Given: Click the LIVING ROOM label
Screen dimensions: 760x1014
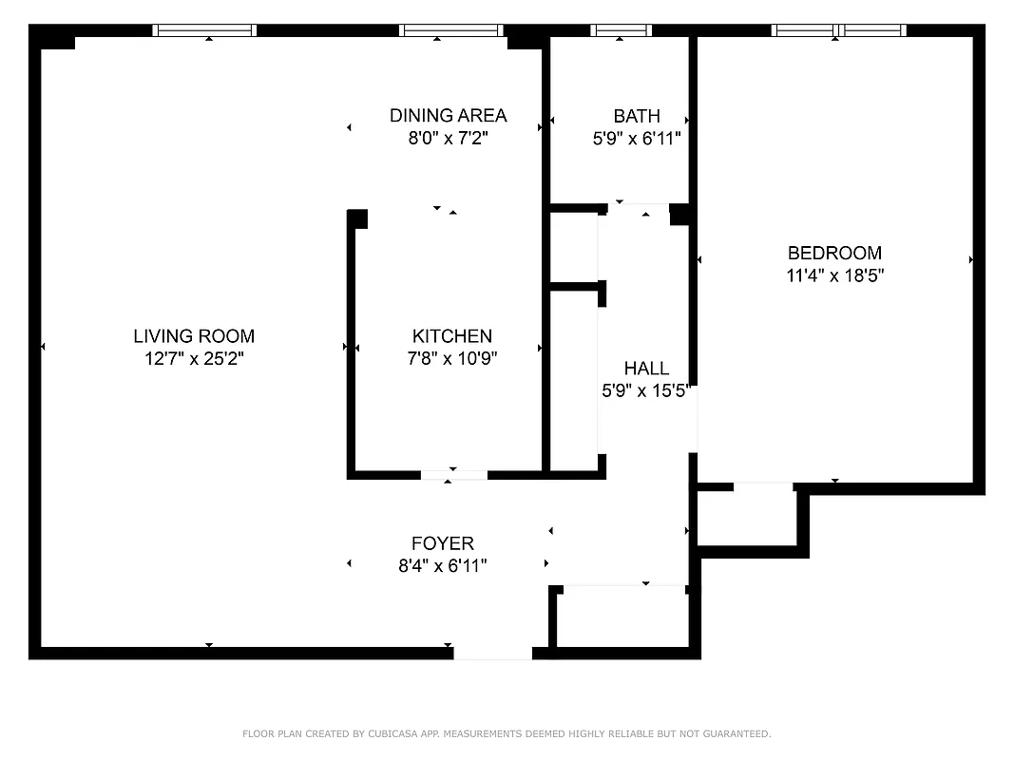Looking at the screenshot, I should pyautogui.click(x=194, y=335).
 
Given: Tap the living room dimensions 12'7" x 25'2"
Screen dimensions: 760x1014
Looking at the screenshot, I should pyautogui.click(x=194, y=359).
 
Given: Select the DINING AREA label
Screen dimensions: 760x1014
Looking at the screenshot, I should pyautogui.click(x=449, y=115).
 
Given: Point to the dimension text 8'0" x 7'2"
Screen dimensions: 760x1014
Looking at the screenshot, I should pyautogui.click(x=449, y=139).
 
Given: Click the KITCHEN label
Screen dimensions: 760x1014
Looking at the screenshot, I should pyautogui.click(x=452, y=335).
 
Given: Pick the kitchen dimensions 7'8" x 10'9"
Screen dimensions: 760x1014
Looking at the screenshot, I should pyautogui.click(x=452, y=359).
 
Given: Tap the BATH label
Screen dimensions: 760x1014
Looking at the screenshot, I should pyautogui.click(x=637, y=116).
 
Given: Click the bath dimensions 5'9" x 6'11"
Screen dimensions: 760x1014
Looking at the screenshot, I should pyautogui.click(x=637, y=139).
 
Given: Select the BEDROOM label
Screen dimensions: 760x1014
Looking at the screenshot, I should pyautogui.click(x=834, y=253).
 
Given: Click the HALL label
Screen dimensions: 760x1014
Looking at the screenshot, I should pyautogui.click(x=646, y=368).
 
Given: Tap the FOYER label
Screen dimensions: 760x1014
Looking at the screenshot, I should pyautogui.click(x=443, y=543).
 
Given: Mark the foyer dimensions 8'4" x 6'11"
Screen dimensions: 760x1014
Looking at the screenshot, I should pyautogui.click(x=443, y=567).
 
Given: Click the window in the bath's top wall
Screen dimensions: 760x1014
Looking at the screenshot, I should pyautogui.click(x=621, y=30).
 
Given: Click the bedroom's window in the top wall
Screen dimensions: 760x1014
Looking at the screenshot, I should pyautogui.click(x=838, y=30).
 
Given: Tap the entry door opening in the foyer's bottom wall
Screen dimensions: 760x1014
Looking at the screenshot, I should pyautogui.click(x=492, y=653).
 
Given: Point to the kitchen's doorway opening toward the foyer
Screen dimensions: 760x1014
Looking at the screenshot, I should pyautogui.click(x=454, y=474).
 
